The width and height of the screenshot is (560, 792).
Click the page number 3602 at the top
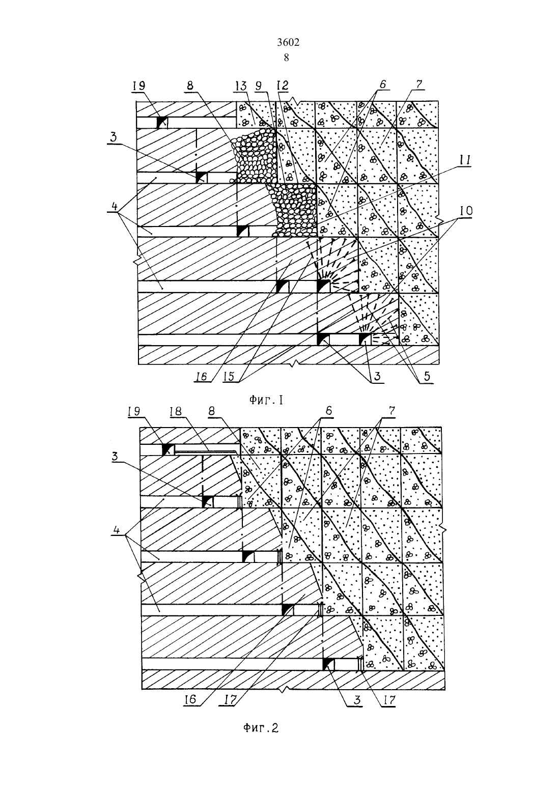[x=288, y=42]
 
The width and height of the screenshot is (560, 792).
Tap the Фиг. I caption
[x=266, y=400]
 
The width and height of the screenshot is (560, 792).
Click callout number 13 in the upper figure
[x=241, y=86]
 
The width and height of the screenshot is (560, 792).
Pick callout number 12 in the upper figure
[x=283, y=86]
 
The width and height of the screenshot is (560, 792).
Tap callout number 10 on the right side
[x=465, y=211]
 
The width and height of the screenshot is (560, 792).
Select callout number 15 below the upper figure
[x=229, y=377]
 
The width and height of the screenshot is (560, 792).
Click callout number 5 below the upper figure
[x=427, y=377]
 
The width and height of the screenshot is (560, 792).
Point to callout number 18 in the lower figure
[x=176, y=411]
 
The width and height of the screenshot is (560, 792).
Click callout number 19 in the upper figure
[x=139, y=86]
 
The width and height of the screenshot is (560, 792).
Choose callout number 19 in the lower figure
[x=134, y=411]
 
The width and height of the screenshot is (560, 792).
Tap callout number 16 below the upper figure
[x=201, y=377]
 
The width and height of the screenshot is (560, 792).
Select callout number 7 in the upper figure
[x=419, y=85]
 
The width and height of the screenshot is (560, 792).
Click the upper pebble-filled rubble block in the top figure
[x=254, y=156]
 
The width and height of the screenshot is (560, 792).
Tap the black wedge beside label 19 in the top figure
[x=162, y=122]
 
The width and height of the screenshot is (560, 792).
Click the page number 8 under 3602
[x=286, y=58]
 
